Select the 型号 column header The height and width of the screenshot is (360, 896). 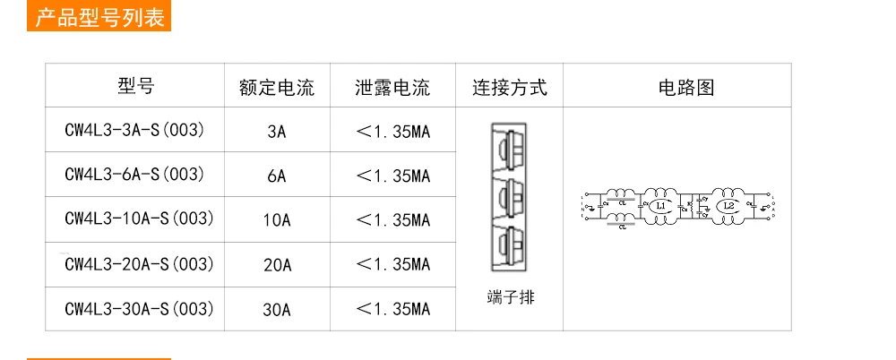(135, 86)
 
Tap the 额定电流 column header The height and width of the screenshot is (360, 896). (277, 88)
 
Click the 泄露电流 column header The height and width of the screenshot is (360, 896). (392, 88)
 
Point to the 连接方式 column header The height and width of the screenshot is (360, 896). (509, 88)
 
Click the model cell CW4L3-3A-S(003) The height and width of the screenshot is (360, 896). (134, 131)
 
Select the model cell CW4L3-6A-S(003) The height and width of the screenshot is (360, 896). (134, 175)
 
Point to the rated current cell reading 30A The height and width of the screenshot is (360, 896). (277, 310)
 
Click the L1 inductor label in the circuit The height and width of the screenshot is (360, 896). (660, 207)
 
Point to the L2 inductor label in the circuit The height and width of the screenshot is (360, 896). (728, 207)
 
